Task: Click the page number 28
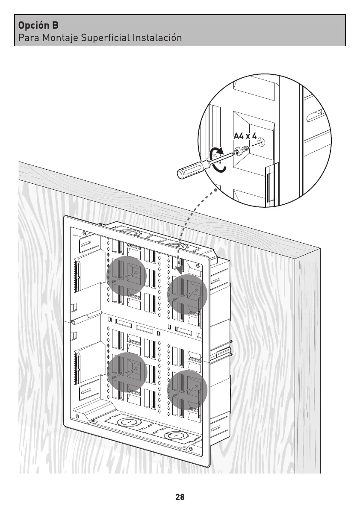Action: (180, 497)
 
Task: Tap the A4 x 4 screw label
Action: (245, 136)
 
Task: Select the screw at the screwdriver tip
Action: (242, 150)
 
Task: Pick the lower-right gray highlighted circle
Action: (187, 389)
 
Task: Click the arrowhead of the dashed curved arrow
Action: (180, 271)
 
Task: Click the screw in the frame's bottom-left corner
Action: (77, 417)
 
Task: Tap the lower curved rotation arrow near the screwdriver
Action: (220, 168)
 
